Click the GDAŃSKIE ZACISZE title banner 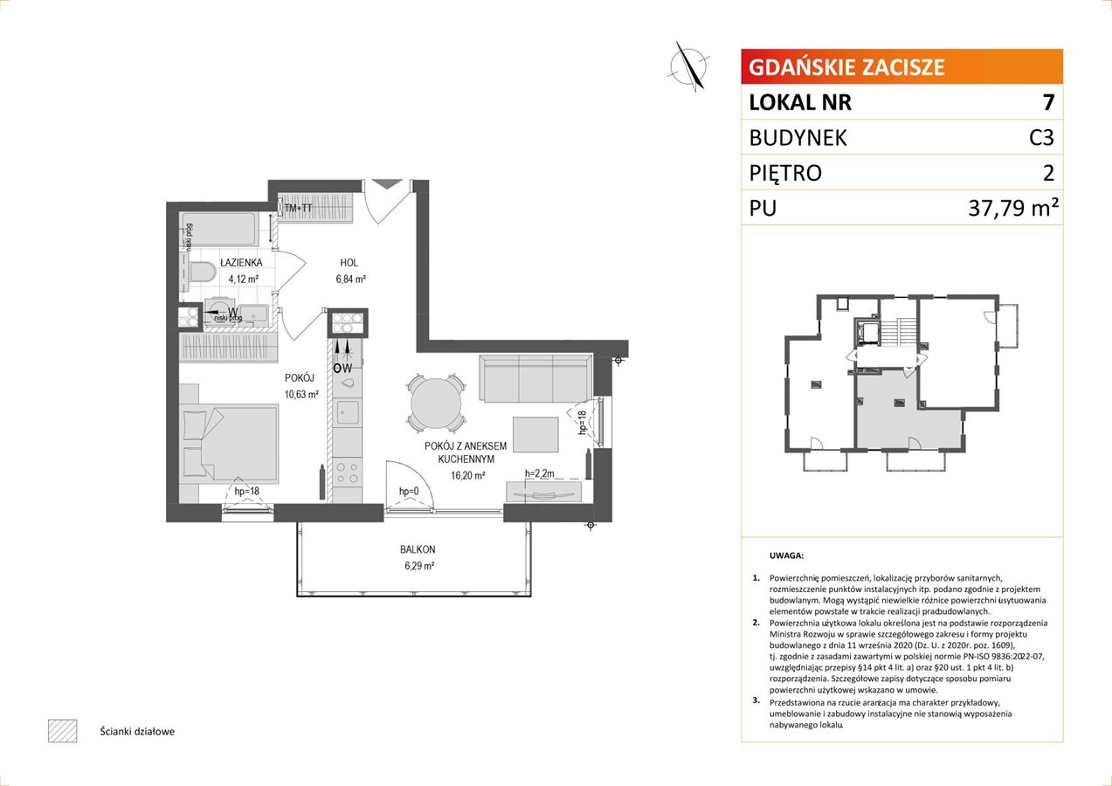901,66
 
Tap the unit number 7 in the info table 1048,102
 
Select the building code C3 1041,137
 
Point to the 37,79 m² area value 1013,208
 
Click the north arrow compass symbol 688,66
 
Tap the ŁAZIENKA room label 241,263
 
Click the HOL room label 349,263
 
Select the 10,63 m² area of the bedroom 301,395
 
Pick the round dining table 437,403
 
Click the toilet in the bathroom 200,272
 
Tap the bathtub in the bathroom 219,230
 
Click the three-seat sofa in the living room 536,378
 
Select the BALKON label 418,549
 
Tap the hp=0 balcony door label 409,491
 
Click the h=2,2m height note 540,473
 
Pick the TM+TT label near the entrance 299,209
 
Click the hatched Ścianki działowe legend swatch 63,731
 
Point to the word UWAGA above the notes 786,555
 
